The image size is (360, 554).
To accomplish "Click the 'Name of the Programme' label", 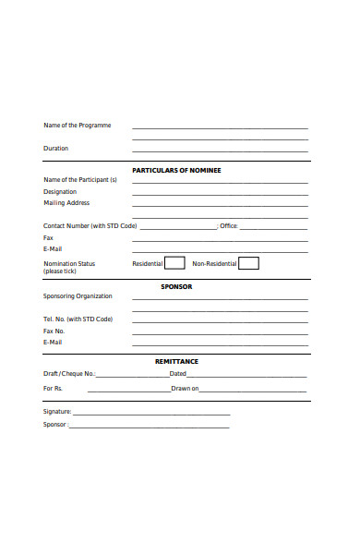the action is coord(78,126).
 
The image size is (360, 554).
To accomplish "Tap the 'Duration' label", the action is coord(55,148).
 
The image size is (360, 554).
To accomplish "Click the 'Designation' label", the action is coord(60,191).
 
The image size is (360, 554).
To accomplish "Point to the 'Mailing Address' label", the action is coord(66,202).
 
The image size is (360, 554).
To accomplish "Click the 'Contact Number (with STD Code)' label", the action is coord(90,225).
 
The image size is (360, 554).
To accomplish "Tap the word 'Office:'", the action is coord(229,225).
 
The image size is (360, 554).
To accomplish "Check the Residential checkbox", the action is coord(174,263).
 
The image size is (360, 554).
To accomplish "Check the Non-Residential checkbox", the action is coord(248,263).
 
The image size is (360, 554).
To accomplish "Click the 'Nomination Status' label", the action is coord(69,263).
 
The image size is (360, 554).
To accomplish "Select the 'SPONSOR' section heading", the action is coord(176,286).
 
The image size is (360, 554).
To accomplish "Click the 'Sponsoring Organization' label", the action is coord(78,296).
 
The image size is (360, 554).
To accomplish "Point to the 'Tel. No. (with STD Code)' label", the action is coord(78,319).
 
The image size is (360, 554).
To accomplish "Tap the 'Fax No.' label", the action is coord(54,331).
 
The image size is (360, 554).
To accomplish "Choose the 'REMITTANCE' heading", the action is coord(176,361).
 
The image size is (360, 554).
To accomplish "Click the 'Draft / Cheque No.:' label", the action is coord(69,374).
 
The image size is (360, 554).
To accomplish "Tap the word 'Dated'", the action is coord(178,374).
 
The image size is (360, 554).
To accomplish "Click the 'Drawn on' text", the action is coord(185,389).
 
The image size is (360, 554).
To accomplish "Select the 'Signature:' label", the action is coord(57,411).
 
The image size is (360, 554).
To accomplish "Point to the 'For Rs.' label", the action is coord(53,389).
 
